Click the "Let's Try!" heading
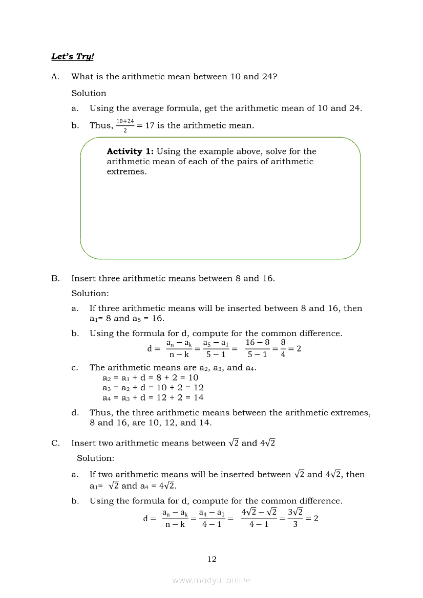coord(73,56)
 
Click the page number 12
coord(211,559)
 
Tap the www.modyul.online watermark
coord(211,580)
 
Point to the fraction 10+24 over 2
coord(125,125)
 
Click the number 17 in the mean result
coord(150,125)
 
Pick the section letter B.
coord(55,278)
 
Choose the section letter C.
coord(55,443)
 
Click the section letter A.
coord(55,77)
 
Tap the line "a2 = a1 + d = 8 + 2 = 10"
coord(150,378)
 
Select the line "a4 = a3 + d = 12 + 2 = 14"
coord(153,397)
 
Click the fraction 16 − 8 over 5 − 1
coord(257,348)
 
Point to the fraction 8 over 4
coord(283,348)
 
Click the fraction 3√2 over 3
coord(295,518)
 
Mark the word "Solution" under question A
coord(89,93)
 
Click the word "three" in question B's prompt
coord(109,278)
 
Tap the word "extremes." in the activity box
coord(126,172)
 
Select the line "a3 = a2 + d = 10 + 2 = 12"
coord(153,387)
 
